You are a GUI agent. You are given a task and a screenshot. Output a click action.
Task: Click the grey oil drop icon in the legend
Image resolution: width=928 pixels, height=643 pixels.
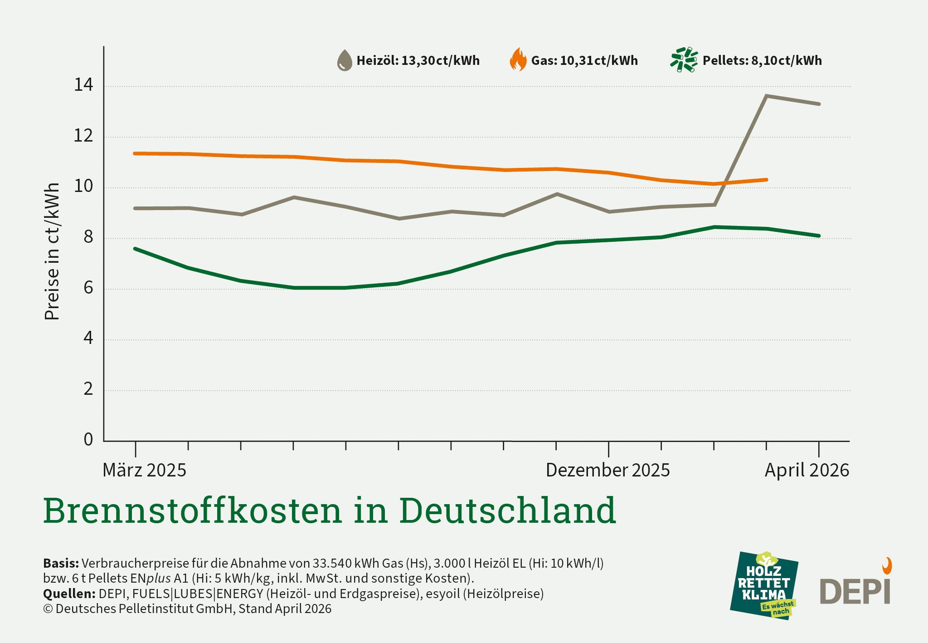tap(345, 60)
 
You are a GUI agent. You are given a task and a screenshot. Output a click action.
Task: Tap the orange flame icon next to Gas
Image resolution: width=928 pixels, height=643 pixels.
tap(518, 60)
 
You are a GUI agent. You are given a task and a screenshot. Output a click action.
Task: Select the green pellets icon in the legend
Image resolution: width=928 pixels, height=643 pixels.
tap(684, 59)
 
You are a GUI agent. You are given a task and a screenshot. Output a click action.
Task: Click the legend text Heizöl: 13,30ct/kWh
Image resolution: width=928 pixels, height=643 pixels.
tap(418, 61)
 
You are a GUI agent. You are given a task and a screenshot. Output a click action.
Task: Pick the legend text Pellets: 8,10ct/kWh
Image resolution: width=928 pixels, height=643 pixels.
tap(762, 61)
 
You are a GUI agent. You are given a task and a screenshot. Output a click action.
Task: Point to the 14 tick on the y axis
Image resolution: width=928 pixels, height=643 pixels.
tap(83, 85)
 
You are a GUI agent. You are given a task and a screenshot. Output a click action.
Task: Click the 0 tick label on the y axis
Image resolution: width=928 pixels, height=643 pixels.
tap(88, 439)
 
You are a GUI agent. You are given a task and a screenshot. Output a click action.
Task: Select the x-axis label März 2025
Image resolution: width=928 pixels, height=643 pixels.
tap(144, 470)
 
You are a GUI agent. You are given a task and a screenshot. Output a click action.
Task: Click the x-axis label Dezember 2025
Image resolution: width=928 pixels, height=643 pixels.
tap(607, 470)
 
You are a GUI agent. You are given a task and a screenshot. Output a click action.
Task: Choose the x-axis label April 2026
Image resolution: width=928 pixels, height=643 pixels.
tap(807, 470)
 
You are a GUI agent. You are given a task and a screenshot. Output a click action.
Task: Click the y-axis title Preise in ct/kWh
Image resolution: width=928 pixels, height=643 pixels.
tap(52, 251)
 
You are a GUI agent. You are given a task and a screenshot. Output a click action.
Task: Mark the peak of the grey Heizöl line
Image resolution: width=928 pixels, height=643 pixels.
tap(766, 96)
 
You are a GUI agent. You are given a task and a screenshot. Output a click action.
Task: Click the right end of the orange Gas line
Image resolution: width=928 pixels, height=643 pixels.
tap(766, 180)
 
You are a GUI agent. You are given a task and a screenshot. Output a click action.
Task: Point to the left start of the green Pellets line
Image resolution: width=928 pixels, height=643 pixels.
tap(136, 249)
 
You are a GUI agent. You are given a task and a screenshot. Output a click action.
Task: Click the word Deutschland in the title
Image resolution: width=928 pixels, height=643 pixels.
tap(507, 510)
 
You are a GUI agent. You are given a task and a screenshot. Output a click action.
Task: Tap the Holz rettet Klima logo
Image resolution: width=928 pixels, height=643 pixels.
tap(764, 586)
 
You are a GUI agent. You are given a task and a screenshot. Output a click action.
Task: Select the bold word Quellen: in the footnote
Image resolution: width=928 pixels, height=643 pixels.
tap(69, 594)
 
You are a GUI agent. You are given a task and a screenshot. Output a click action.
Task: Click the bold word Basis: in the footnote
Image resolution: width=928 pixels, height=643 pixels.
tap(61, 563)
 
